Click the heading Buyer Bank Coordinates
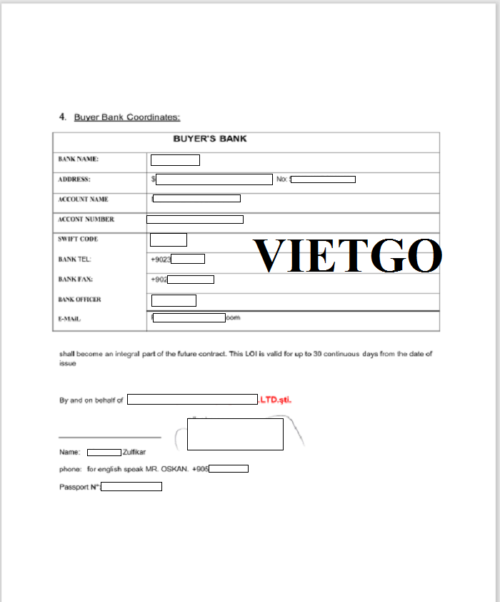(126, 117)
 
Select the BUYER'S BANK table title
(210, 139)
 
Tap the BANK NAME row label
(78, 159)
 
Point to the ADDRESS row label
(74, 179)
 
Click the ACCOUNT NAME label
(83, 199)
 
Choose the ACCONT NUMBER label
(86, 219)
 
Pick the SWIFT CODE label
(78, 240)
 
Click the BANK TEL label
(74, 259)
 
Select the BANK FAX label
(75, 279)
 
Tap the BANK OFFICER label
(79, 300)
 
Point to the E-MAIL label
(69, 320)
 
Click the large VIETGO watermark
(348, 255)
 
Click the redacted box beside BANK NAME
(175, 160)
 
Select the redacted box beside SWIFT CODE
(169, 240)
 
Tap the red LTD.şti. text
(276, 400)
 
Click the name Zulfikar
(134, 453)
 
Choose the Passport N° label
(79, 487)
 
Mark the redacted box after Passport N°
(131, 487)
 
